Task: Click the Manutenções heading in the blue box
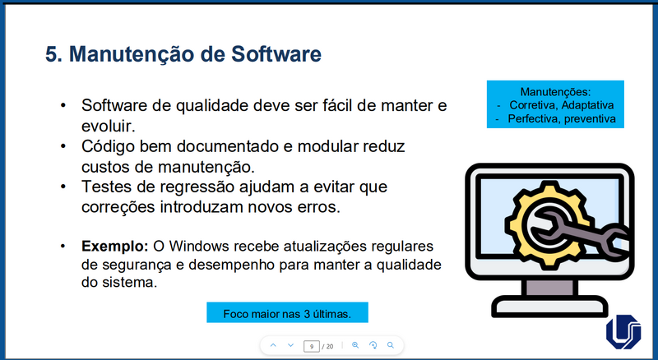[x=556, y=91]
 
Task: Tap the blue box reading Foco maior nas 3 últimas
[x=287, y=313]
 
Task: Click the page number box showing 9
[x=311, y=346]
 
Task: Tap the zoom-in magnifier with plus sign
[x=355, y=345]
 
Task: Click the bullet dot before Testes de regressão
[x=63, y=187]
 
